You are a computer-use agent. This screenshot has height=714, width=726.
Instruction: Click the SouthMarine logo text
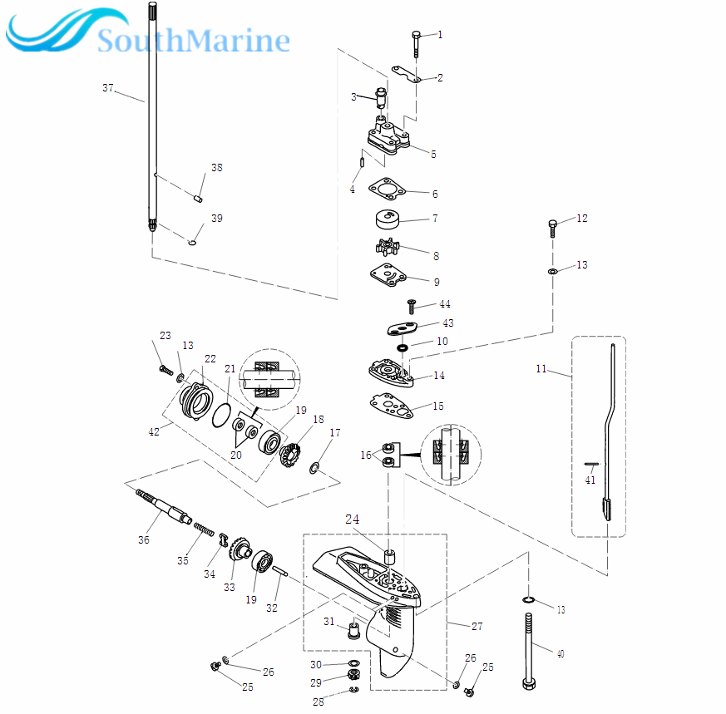pos(193,40)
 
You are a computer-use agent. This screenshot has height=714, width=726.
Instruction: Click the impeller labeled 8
pos(388,247)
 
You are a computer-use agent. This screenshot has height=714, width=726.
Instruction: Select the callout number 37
pos(108,88)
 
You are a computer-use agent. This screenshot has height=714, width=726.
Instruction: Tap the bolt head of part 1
pos(417,34)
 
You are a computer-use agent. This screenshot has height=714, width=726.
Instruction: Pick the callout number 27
pos(477,626)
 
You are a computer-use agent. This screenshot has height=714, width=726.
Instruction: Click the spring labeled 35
pos(204,529)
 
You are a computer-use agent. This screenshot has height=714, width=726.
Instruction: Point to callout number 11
pos(541,368)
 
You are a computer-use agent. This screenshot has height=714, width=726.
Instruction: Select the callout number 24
pos(353,520)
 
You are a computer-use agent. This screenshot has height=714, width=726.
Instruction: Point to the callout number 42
pos(154,432)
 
